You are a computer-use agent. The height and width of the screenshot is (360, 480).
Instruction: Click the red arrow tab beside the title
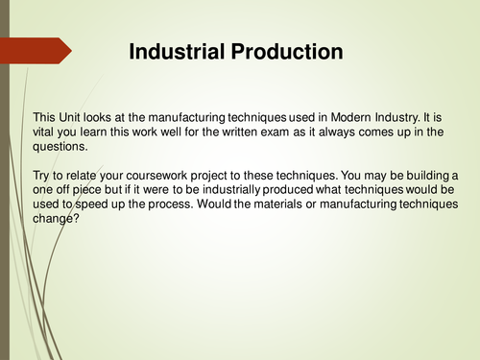pyautogui.click(x=36, y=50)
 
